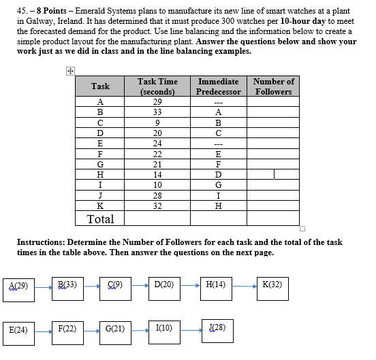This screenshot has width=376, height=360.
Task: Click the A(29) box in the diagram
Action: click(19, 284)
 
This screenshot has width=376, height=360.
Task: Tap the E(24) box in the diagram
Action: click(18, 330)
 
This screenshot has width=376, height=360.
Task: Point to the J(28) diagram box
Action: click(218, 329)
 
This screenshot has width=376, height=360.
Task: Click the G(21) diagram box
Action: click(116, 330)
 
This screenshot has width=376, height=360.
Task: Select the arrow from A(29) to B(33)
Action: click(43, 287)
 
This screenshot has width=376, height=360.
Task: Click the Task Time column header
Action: click(157, 86)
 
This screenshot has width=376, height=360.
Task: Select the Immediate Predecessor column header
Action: click(218, 86)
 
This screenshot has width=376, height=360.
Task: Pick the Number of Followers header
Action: click(273, 86)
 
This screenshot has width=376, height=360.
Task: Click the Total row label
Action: click(100, 219)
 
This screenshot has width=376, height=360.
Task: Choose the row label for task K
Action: click(100, 206)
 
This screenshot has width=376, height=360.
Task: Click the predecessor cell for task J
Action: click(218, 195)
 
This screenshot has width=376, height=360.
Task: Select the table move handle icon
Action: click(70, 71)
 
